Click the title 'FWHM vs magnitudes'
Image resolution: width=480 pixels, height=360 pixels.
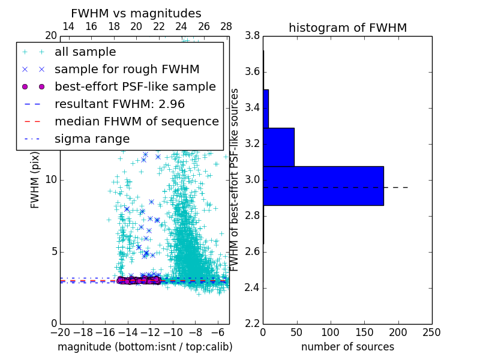pyautogui.click(x=136, y=14)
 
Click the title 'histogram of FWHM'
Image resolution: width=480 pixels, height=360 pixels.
pyautogui.click(x=347, y=28)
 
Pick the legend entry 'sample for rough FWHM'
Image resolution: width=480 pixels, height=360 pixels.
pyautogui.click(x=127, y=69)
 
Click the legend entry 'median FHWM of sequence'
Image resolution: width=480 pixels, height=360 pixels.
pyautogui.click(x=136, y=121)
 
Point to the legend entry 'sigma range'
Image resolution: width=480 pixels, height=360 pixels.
pyautogui.click(x=92, y=139)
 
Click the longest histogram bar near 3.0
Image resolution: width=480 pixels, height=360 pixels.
pyautogui.click(x=323, y=185)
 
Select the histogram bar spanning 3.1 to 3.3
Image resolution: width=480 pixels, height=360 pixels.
pyautogui.click(x=278, y=147)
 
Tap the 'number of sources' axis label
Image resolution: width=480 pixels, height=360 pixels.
pyautogui.click(x=347, y=347)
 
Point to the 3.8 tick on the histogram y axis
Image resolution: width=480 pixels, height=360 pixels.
pyautogui.click(x=251, y=36)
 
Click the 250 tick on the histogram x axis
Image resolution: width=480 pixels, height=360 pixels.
pyautogui.click(x=431, y=332)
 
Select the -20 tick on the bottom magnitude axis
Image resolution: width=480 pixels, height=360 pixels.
pyautogui.click(x=60, y=332)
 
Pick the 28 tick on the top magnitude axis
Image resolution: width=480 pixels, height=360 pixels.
pyautogui.click(x=226, y=26)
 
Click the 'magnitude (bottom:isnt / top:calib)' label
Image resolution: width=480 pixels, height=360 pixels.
pyautogui.click(x=145, y=347)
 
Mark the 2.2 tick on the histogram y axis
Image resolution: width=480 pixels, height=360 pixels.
pyautogui.click(x=251, y=323)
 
